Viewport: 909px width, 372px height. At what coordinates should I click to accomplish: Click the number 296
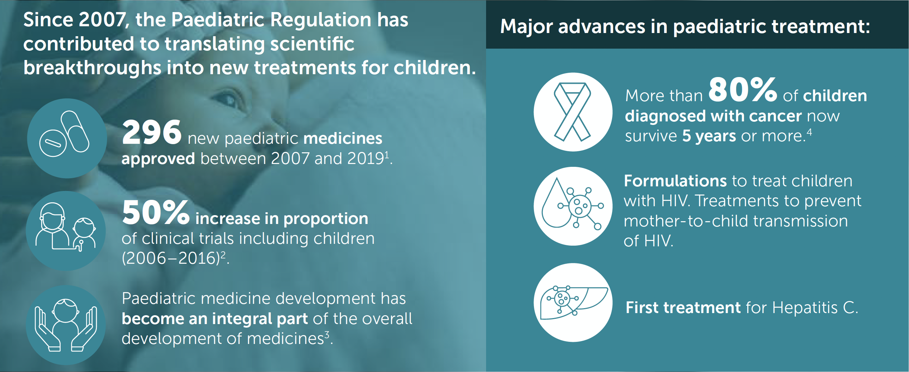151,132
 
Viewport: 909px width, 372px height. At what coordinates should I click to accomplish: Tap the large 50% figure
156,212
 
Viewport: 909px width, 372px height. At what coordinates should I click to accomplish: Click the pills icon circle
67,138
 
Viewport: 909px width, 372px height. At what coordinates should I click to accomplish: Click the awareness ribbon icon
573,112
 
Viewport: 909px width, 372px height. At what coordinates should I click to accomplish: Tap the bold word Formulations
676,181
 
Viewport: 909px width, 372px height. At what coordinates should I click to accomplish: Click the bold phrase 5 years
709,136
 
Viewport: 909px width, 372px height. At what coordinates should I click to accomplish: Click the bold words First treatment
683,307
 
